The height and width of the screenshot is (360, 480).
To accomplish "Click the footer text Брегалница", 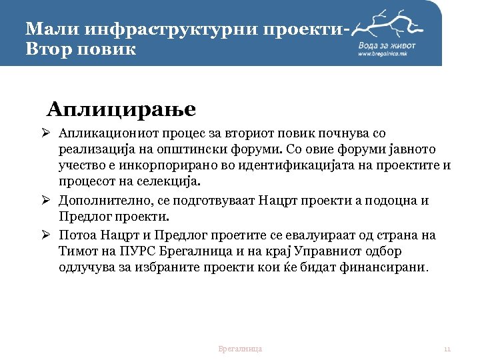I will point(240,349).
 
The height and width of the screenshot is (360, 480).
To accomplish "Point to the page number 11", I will point(447,349).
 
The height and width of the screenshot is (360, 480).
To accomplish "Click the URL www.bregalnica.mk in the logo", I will point(382,53).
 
